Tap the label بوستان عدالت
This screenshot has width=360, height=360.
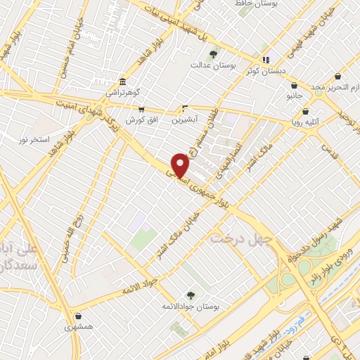[x=213, y=65]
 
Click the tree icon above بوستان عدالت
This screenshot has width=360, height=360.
[x=213, y=54]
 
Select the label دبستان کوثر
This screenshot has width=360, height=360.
[x=263, y=71]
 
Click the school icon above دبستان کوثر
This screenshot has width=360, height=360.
[x=265, y=60]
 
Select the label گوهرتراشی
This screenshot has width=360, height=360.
[x=123, y=92]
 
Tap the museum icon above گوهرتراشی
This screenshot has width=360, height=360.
[x=123, y=82]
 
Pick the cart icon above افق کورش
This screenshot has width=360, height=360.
[x=141, y=110]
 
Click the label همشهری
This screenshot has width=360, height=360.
[x=78, y=327]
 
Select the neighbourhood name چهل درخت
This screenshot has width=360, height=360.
[x=241, y=240]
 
